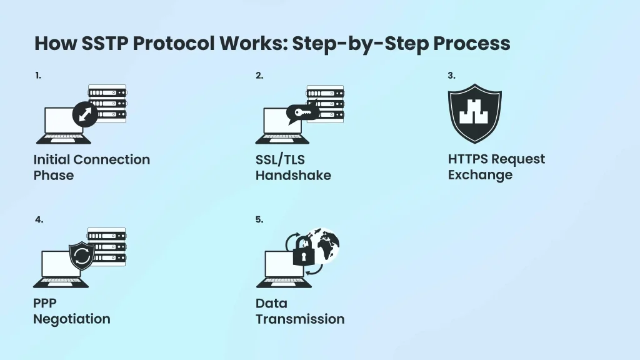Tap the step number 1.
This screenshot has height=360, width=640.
click(38, 76)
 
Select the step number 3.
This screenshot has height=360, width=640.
click(451, 76)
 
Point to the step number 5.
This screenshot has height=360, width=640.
click(259, 219)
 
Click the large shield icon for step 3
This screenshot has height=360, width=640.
click(474, 114)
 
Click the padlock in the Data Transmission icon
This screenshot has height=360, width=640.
click(303, 254)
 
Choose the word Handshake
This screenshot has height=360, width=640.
click(292, 176)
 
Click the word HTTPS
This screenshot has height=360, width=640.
click(467, 159)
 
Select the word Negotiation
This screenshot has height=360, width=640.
click(71, 319)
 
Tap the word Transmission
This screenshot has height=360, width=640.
click(299, 319)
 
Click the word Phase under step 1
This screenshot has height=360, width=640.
click(53, 176)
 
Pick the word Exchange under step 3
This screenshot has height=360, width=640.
click(479, 175)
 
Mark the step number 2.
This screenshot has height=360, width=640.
click(259, 76)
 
